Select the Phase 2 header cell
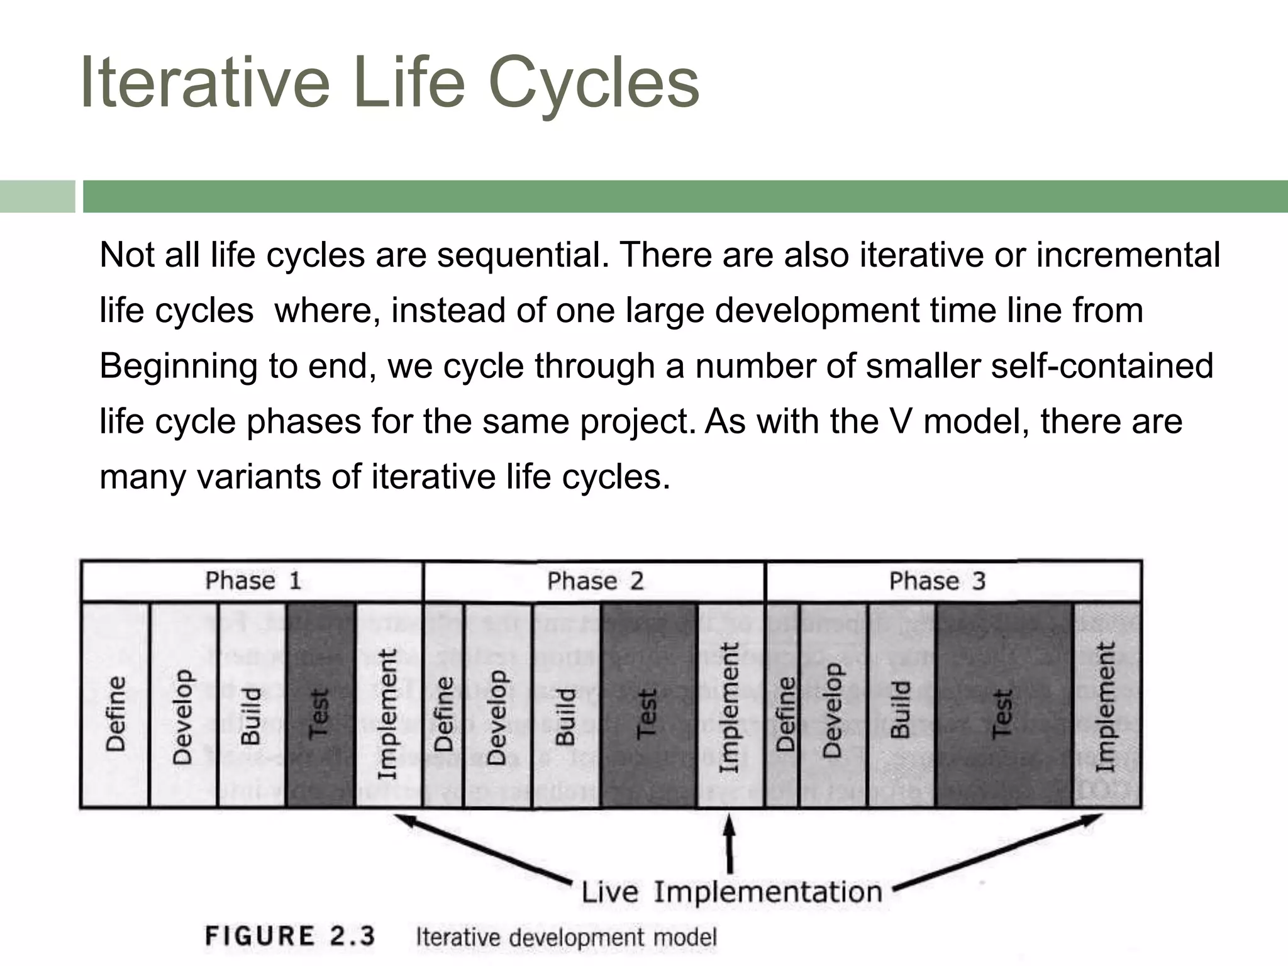coord(595,580)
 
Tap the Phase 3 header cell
coord(953,580)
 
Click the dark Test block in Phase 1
coord(319,704)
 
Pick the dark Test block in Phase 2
coord(648,704)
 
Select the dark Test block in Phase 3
coord(1003,704)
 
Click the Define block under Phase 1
coord(116,704)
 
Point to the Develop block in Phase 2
coord(497,704)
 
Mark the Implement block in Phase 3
coord(1106,704)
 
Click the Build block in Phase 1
coord(251,704)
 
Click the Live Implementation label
coord(731,892)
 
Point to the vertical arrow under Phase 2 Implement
coord(730,843)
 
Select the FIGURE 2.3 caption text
coord(290,936)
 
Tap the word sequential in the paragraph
coord(523,255)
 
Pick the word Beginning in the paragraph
coord(179,366)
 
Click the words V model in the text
coord(956,421)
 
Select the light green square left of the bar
coord(37,196)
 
